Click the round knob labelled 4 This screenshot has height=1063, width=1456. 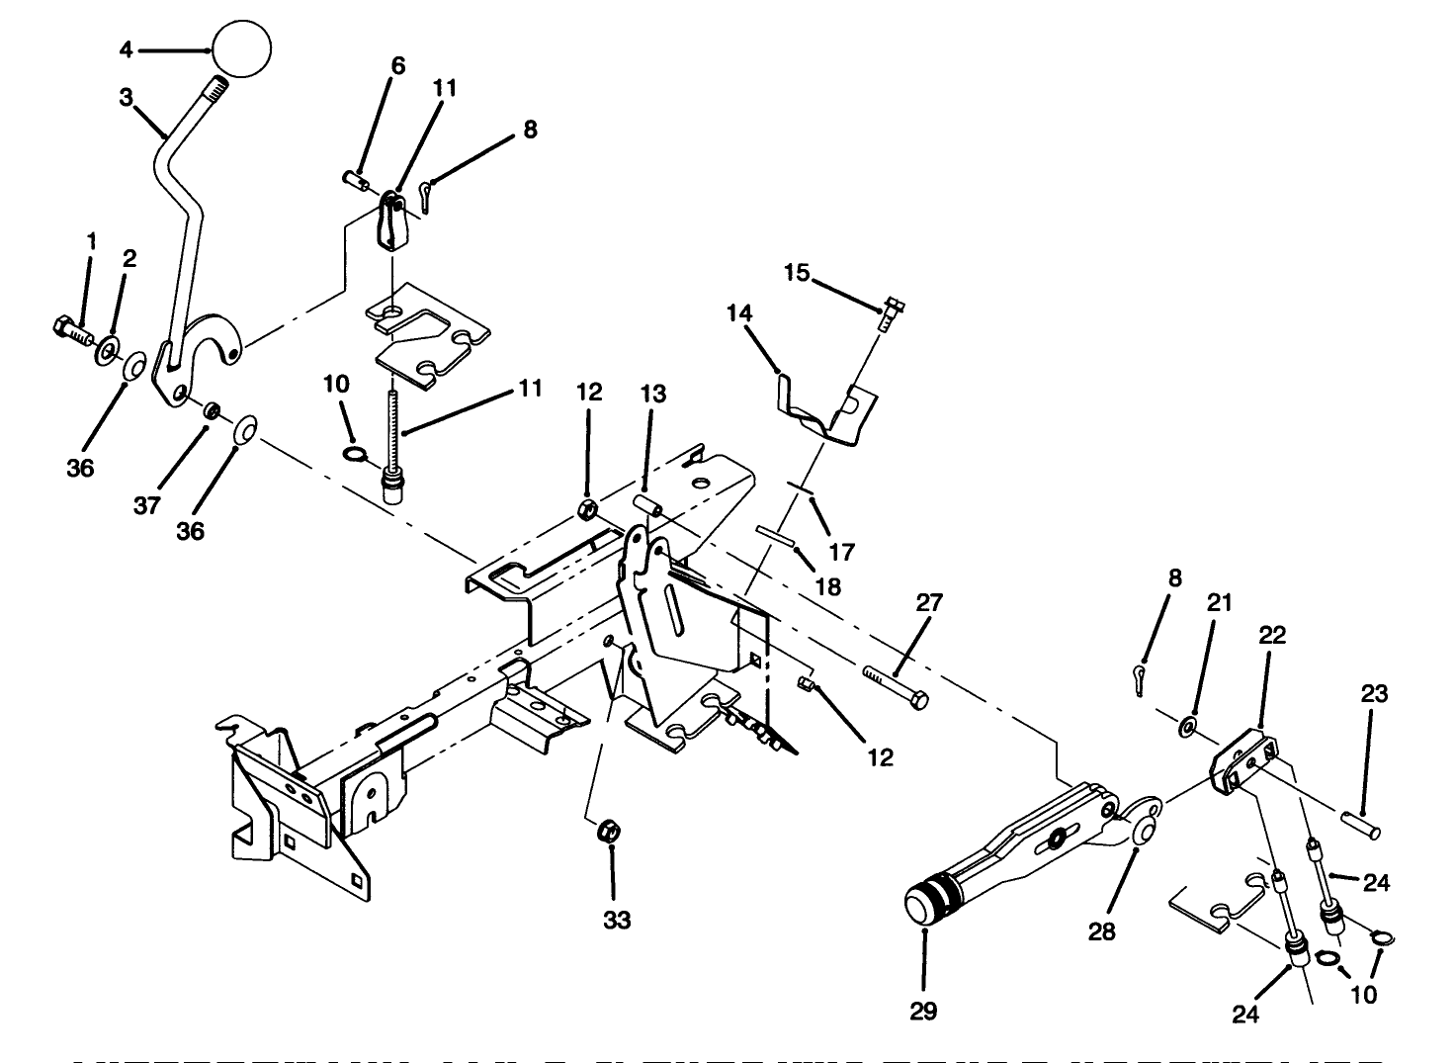(242, 48)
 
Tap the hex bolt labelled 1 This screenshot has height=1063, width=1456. (70, 329)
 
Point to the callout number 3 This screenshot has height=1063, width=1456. (126, 98)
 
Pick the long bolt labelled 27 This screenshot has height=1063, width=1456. (897, 685)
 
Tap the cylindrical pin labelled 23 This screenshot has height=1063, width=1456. (1362, 823)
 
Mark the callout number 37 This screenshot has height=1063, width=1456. (147, 506)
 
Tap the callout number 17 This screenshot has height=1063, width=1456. (842, 550)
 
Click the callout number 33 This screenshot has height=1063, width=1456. (617, 920)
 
